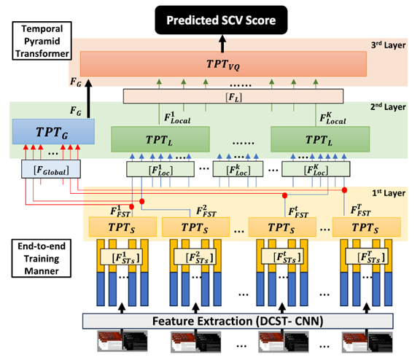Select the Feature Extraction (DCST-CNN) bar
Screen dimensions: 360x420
pos(236,319)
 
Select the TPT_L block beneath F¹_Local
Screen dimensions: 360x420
pos(160,137)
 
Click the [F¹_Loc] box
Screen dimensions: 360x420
pos(151,170)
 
